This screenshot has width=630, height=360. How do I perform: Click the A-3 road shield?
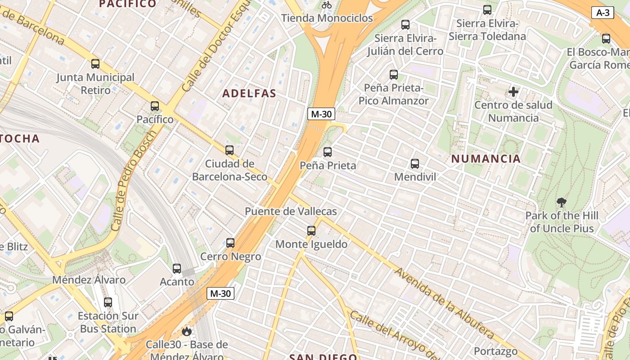pyautogui.click(x=603, y=13)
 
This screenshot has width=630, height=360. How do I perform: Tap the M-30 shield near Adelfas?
pyautogui.click(x=321, y=114)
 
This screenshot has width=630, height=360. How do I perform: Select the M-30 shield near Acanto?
pyautogui.click(x=220, y=294)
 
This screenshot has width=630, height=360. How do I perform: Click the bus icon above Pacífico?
pyautogui.click(x=155, y=106)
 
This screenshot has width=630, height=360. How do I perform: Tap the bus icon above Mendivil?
pyautogui.click(x=415, y=164)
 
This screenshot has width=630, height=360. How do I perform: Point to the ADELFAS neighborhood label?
pyautogui.click(x=249, y=94)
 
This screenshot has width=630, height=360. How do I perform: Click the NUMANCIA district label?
pyautogui.click(x=486, y=158)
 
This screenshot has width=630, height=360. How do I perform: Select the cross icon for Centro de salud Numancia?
pyautogui.click(x=513, y=92)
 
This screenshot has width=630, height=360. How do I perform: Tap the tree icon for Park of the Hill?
pyautogui.click(x=561, y=202)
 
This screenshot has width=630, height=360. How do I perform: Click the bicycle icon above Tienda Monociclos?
pyautogui.click(x=327, y=5)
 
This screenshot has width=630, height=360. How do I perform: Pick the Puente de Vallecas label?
pyautogui.click(x=291, y=211)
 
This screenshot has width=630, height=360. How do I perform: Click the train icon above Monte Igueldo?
pyautogui.click(x=311, y=231)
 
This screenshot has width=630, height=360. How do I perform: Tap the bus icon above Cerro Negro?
pyautogui.click(x=230, y=243)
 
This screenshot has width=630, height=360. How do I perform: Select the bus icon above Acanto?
pyautogui.click(x=177, y=269)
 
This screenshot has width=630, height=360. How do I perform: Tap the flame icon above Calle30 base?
pyautogui.click(x=186, y=332)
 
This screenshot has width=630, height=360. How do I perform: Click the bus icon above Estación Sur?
pyautogui.click(x=108, y=302)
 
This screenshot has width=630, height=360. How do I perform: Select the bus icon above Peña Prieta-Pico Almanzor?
pyautogui.click(x=394, y=74)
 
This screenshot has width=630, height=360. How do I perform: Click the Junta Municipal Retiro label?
pyautogui.click(x=95, y=84)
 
